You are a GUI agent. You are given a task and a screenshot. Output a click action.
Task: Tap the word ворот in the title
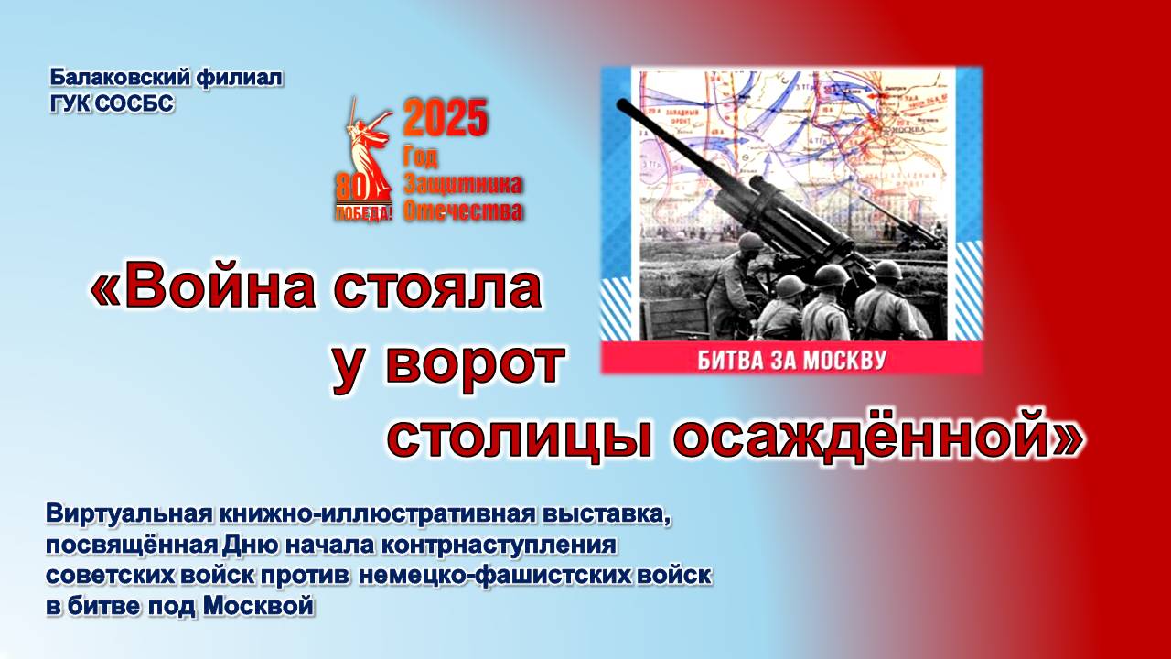[472, 363]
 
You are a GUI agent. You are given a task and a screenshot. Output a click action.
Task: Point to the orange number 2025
[446, 119]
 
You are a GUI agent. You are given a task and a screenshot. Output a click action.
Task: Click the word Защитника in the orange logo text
[463, 184]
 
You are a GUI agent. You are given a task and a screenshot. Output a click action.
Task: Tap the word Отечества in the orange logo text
[463, 211]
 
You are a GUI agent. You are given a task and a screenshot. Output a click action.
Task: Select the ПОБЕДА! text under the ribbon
[364, 214]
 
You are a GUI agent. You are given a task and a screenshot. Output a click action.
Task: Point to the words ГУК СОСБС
[112, 103]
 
